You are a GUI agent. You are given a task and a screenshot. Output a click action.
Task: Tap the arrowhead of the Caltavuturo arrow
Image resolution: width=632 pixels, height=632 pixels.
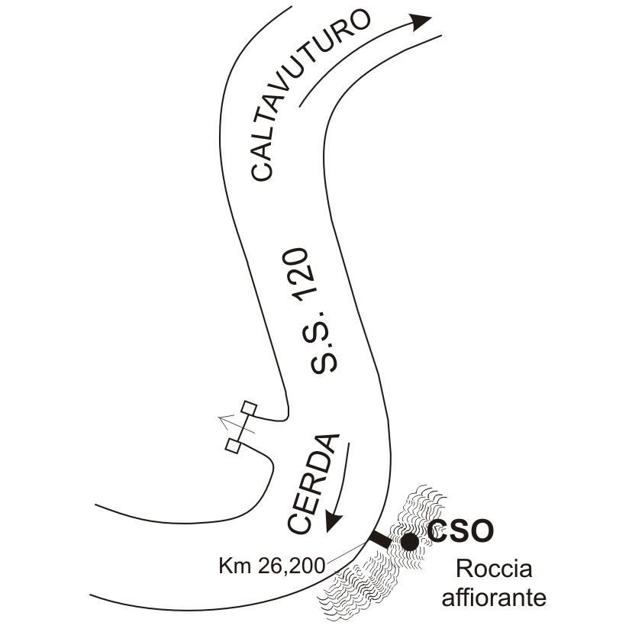click(421, 21)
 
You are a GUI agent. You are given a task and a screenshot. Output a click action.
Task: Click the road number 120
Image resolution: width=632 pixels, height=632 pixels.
click(305, 278)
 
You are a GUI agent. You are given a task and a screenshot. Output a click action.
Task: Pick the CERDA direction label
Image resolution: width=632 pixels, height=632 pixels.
click(313, 484)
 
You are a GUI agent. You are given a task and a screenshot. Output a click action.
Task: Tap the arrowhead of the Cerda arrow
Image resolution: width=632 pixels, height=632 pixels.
click(333, 521)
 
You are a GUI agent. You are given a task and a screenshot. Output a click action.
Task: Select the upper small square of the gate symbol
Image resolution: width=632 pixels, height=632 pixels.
click(248, 408)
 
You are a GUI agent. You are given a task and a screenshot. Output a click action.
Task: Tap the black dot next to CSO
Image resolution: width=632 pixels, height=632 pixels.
click(409, 541)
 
